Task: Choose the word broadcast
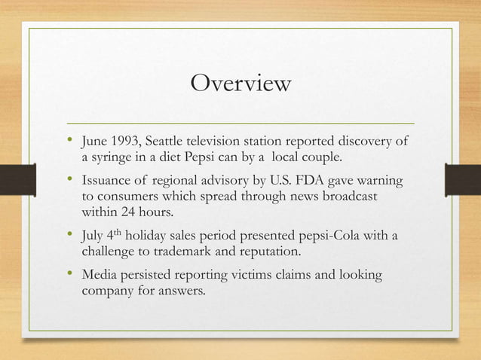[349, 197]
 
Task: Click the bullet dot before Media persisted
[71, 274]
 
